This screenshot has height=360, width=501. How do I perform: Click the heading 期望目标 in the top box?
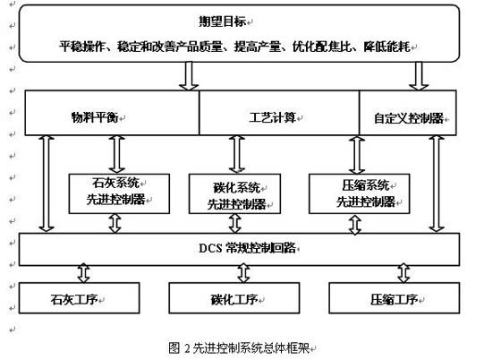click(x=223, y=21)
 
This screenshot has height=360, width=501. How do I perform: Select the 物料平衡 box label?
click(x=95, y=117)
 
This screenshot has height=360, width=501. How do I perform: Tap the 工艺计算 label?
click(x=272, y=117)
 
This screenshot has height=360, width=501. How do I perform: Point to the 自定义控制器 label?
click(x=408, y=118)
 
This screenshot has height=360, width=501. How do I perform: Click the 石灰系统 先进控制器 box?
click(x=119, y=193)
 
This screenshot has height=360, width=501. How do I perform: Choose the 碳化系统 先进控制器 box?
click(x=234, y=193)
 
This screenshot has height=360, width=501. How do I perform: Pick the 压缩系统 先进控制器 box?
click(x=359, y=193)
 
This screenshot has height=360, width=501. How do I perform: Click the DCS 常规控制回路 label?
click(x=247, y=248)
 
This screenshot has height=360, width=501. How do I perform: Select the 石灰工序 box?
click(x=80, y=297)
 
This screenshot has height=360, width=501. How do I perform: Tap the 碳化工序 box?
click(x=234, y=297)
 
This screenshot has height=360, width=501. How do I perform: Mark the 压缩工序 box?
click(x=395, y=297)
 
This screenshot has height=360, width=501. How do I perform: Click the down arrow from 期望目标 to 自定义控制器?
click(x=419, y=76)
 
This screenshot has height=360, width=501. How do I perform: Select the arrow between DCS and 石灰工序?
click(x=84, y=273)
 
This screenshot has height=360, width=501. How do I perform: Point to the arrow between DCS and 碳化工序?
click(x=243, y=273)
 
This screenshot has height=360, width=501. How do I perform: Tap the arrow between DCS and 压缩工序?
click(x=403, y=273)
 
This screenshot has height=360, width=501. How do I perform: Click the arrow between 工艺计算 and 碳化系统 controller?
click(x=237, y=155)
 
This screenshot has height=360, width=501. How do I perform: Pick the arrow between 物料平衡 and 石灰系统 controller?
click(x=116, y=155)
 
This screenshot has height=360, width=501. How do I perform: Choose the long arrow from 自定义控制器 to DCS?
click(x=437, y=184)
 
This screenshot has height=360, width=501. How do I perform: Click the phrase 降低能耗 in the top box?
click(x=386, y=47)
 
